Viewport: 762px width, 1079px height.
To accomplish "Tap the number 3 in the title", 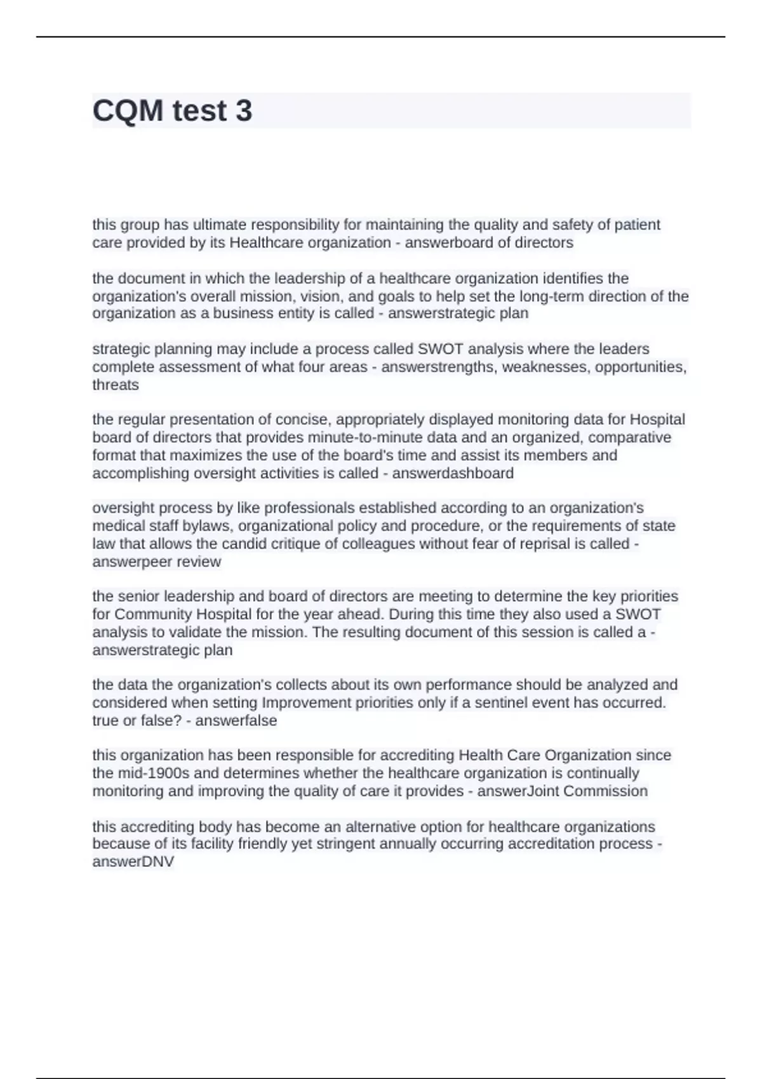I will click(244, 110).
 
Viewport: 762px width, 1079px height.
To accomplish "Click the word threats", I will click(116, 385).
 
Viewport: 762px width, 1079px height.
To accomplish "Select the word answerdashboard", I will click(453, 473).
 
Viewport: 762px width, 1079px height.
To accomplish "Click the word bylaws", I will click(212, 526).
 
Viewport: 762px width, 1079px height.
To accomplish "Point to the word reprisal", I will click(561, 543).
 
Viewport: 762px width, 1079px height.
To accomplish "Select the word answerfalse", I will click(236, 720).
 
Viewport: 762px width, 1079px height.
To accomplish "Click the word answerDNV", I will click(133, 861).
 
